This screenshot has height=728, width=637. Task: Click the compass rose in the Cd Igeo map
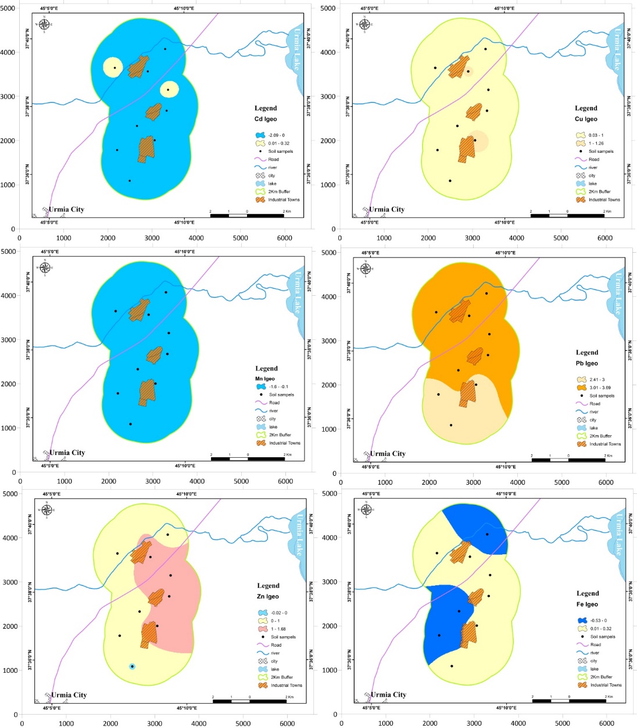pos(44,24)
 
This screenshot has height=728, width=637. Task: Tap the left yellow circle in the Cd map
pos(113,67)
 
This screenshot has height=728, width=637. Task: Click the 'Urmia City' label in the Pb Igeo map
pos(388,454)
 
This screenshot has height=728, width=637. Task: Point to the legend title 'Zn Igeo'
pos(268,596)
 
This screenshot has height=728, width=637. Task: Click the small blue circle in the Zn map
pos(133,666)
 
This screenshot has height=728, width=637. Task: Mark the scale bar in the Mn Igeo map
pos(248,458)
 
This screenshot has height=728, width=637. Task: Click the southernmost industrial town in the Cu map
pos(467,149)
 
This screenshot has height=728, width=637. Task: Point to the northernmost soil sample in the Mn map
pos(166,292)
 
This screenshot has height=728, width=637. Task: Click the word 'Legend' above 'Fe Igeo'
pos(587,593)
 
